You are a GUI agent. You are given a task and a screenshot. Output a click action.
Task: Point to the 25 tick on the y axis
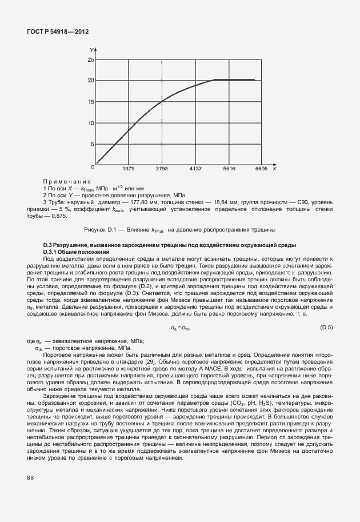tap(90, 59)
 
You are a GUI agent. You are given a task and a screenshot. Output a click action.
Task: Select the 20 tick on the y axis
tap(90, 80)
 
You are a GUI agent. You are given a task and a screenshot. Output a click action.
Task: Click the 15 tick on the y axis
tap(90, 102)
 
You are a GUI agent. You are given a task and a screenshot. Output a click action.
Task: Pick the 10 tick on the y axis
tap(90, 123)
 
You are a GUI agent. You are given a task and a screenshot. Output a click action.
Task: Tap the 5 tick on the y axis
tap(91, 144)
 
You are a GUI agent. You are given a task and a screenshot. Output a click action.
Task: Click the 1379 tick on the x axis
tap(129, 169)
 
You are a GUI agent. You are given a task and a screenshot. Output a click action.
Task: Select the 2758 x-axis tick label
tap(162, 169)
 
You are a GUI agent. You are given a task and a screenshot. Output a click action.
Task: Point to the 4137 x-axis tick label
tap(195, 169)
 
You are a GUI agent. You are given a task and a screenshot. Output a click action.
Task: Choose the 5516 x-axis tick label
tap(229, 169)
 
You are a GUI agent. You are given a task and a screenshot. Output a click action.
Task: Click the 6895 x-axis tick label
tap(261, 169)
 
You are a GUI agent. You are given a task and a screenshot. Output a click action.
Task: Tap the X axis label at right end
tap(274, 169)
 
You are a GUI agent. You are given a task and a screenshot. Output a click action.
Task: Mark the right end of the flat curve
tap(254, 80)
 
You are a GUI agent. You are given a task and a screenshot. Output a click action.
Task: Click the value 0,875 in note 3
tap(59, 216)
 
